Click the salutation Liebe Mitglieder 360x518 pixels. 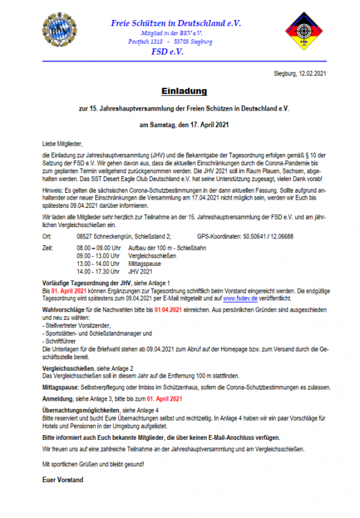pos(65,142)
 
